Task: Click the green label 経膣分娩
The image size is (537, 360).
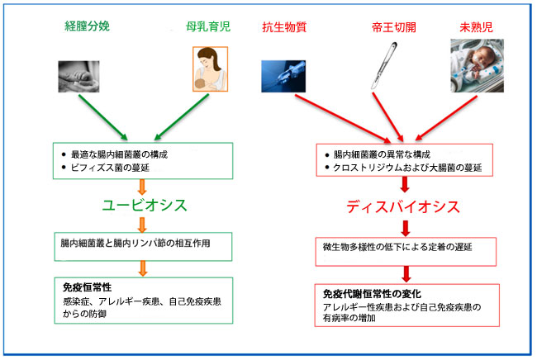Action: [88, 26]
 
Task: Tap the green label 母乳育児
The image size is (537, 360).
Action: [207, 26]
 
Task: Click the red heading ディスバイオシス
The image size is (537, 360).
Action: [404, 205]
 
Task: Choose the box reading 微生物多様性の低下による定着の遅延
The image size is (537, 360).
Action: [403, 245]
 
